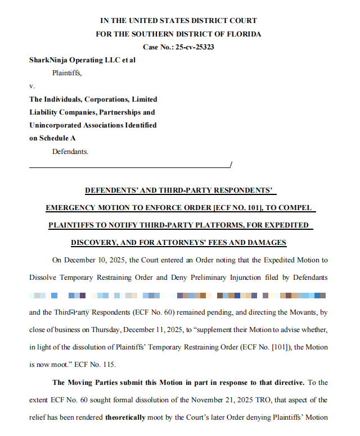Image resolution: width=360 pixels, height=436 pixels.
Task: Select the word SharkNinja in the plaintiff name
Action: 50,60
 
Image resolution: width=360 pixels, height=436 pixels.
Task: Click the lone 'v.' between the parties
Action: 31,86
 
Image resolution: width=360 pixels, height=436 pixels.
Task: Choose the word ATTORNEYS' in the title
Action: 197,243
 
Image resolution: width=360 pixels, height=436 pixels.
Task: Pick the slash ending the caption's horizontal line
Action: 231,163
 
